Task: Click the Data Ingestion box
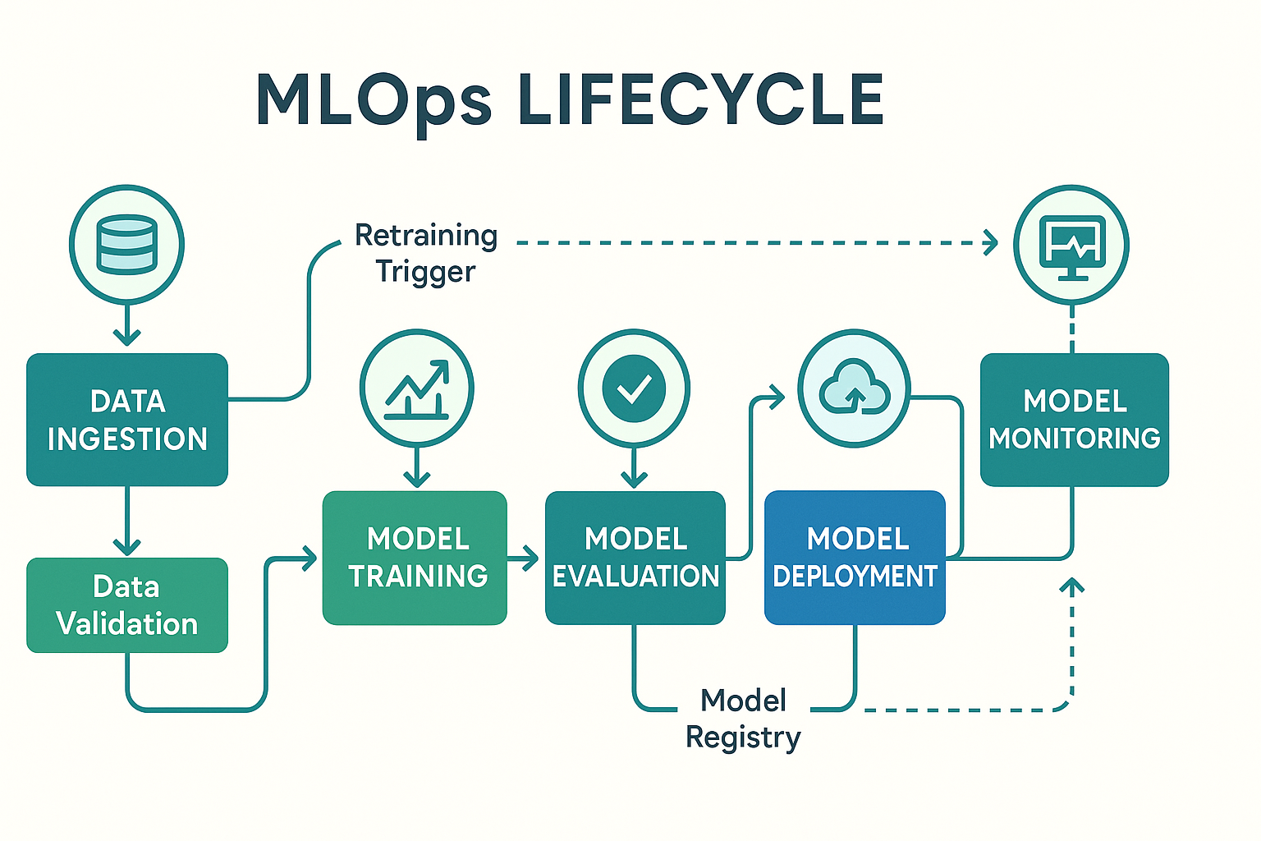(x=127, y=420)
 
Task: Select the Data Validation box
(x=127, y=605)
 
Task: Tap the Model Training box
(x=415, y=558)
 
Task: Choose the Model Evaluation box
(x=635, y=558)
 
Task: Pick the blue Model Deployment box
(x=855, y=558)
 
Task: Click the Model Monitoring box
(x=1075, y=420)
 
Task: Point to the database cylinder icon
(x=126, y=245)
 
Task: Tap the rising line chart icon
(x=416, y=389)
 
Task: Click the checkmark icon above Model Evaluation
(x=634, y=388)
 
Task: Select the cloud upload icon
(x=855, y=388)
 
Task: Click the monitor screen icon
(x=1072, y=247)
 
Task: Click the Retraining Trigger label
(x=426, y=253)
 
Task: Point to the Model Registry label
(x=743, y=719)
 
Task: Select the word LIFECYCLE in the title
(x=701, y=99)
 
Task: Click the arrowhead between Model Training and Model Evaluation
(x=531, y=558)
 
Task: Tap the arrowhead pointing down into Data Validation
(x=126, y=547)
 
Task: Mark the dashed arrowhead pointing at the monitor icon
(x=991, y=243)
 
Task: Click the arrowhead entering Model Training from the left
(x=310, y=558)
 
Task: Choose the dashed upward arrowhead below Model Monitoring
(x=1072, y=586)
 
